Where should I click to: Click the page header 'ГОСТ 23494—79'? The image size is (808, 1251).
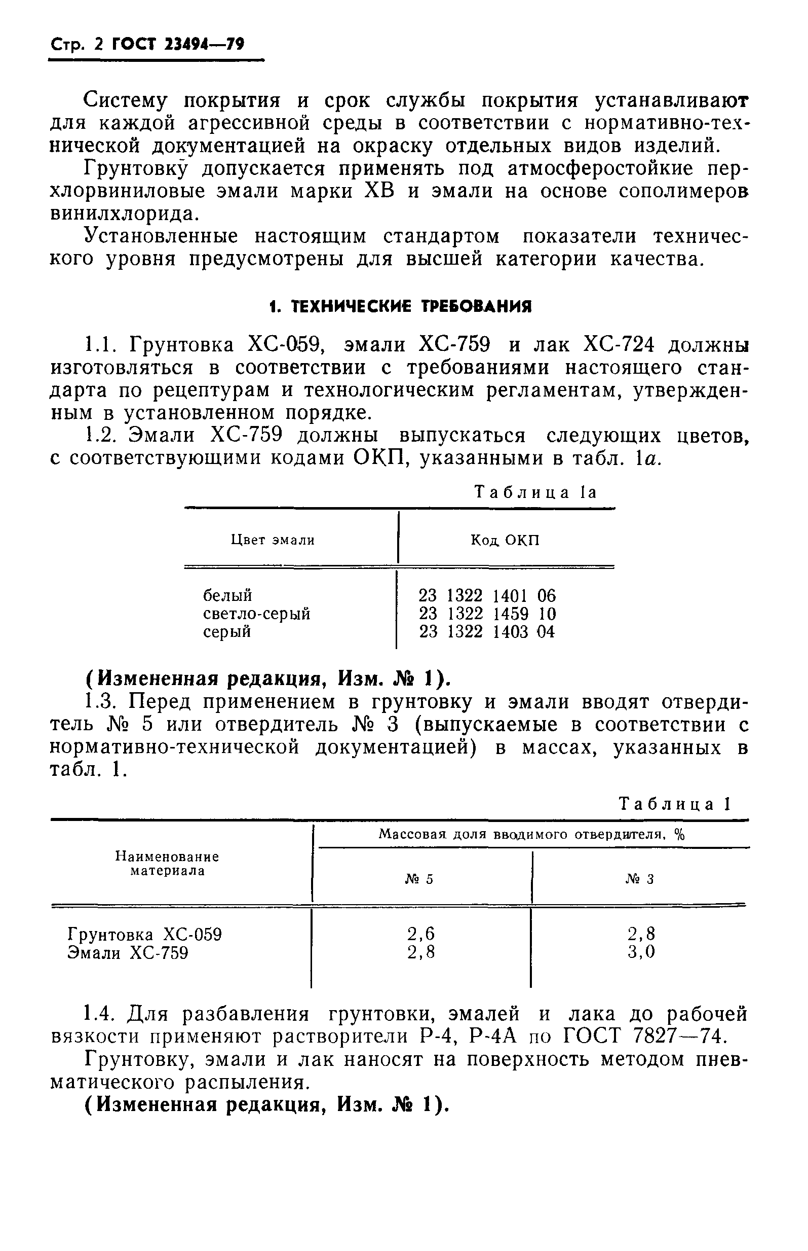pyautogui.click(x=178, y=45)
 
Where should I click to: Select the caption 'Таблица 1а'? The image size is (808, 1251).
pyautogui.click(x=535, y=492)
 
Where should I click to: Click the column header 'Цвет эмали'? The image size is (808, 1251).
pyautogui.click(x=273, y=540)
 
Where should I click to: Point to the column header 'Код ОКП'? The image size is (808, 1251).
pyautogui.click(x=505, y=540)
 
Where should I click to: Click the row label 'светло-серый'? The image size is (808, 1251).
pyautogui.click(x=256, y=614)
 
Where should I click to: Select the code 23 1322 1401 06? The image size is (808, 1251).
pyautogui.click(x=487, y=595)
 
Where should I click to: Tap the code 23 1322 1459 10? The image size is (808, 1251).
pyautogui.click(x=487, y=614)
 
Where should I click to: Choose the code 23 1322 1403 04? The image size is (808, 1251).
pyautogui.click(x=487, y=632)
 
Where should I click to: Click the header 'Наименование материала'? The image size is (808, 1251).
pyautogui.click(x=167, y=864)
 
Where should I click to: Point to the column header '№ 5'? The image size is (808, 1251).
pyautogui.click(x=419, y=879)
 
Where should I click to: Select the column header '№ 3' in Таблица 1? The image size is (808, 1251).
pyautogui.click(x=640, y=879)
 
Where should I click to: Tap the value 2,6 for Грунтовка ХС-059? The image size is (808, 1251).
pyautogui.click(x=421, y=934)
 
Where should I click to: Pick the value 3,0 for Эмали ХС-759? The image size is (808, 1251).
pyautogui.click(x=641, y=952)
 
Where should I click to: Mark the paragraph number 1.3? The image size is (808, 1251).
pyautogui.click(x=100, y=702)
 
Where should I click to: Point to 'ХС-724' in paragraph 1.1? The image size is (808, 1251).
pyautogui.click(x=619, y=345)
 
